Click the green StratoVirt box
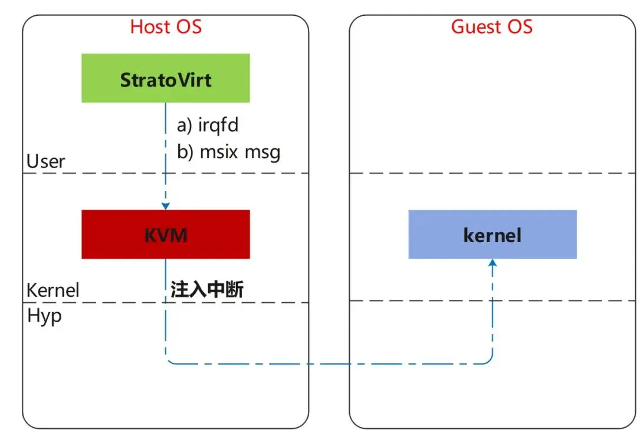(x=166, y=78)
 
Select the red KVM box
(x=166, y=234)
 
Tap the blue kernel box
(x=492, y=234)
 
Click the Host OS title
(x=166, y=27)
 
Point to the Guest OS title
(x=492, y=27)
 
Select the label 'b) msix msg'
(x=229, y=152)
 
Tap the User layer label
(x=46, y=161)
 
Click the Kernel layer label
(x=53, y=290)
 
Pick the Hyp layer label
(x=44, y=316)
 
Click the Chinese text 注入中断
(x=207, y=289)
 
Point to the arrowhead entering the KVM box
(x=166, y=206)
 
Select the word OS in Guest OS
(x=520, y=27)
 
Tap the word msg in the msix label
(x=262, y=152)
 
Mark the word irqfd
(x=219, y=125)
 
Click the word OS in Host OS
(x=189, y=27)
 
